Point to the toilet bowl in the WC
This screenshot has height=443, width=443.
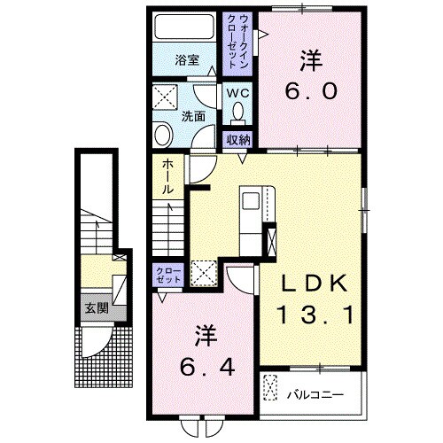click(x=237, y=113)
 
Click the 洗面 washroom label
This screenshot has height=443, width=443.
click(x=194, y=115)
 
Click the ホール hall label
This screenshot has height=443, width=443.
click(x=167, y=177)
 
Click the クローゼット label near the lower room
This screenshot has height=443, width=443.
click(x=167, y=273)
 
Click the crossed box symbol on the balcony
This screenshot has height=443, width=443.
click(x=270, y=388)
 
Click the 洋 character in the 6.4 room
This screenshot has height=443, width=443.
click(x=205, y=336)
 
